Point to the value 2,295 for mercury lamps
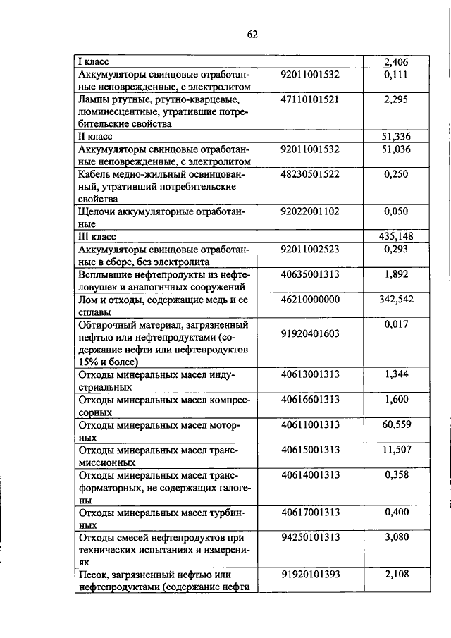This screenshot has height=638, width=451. pos(397,99)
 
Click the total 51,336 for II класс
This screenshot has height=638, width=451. pos(397,136)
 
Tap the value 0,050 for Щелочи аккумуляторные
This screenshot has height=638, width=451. pos(397,211)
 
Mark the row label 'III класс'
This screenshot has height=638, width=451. pos(97,236)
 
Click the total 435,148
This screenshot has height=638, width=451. pos(395,236)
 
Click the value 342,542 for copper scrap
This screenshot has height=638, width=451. pos(395,300)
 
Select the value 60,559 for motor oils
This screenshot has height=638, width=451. pos(397,424)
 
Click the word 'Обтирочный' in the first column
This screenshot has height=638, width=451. pos(109,325)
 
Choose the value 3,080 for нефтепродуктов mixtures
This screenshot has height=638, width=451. pos(397,537)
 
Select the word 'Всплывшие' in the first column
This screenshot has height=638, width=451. pos(106,274)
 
